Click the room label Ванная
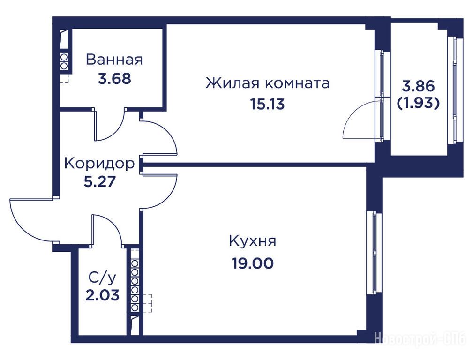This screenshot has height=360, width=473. (x=114, y=60)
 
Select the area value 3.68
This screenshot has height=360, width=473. (x=114, y=78)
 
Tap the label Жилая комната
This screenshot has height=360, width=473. (x=267, y=83)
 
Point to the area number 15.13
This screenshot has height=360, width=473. (x=267, y=104)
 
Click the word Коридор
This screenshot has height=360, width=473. (x=99, y=164)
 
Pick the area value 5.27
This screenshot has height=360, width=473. (x=99, y=182)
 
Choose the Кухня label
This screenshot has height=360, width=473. (x=253, y=241)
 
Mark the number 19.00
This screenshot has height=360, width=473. (x=253, y=263)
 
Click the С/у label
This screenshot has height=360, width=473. (x=102, y=278)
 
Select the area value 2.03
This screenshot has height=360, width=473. (x=102, y=295)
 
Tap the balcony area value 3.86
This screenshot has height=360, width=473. (x=419, y=86)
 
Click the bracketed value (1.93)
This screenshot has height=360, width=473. (x=418, y=104)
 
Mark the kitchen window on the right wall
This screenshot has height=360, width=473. (x=375, y=253)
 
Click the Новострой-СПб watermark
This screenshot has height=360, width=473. (x=423, y=338)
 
